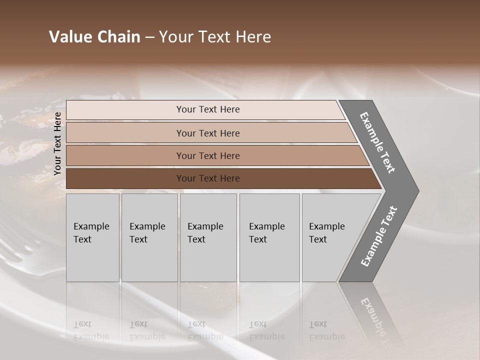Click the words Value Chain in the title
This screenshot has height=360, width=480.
[x=94, y=37]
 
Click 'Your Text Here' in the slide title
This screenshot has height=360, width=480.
[x=215, y=37]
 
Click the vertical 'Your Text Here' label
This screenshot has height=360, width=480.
[x=57, y=144]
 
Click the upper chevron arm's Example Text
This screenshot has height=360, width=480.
[x=377, y=142]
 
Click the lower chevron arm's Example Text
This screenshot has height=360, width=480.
[x=378, y=236]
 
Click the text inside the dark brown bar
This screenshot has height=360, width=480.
[x=208, y=178]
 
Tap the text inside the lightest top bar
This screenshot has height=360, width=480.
[x=208, y=109]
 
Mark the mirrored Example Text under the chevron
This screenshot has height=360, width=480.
[x=374, y=315]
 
